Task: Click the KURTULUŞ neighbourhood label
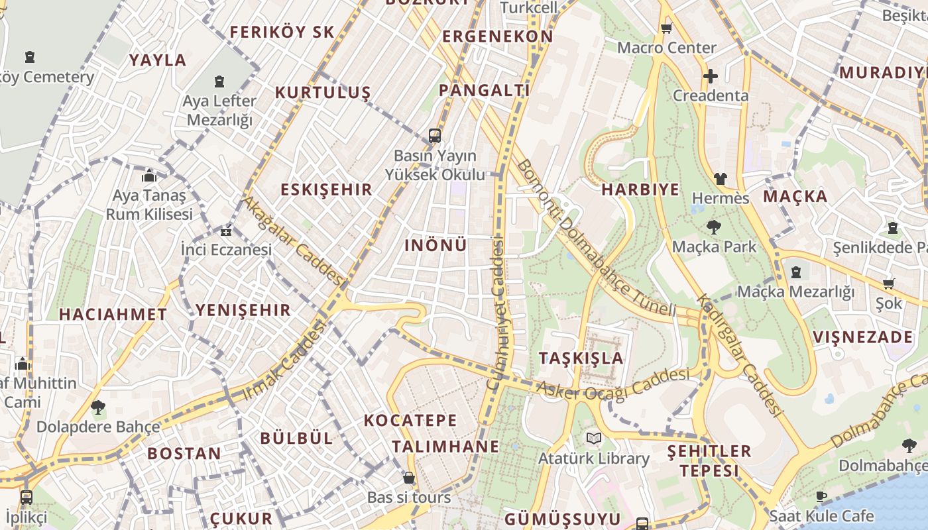tap(323, 92)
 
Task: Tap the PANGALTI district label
tap(485, 90)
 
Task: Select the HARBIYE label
tap(640, 189)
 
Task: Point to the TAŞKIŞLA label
tap(581, 358)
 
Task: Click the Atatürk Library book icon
tap(593, 438)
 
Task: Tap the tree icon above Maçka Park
tap(714, 227)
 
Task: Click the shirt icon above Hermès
tap(721, 179)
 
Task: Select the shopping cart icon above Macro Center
tap(666, 28)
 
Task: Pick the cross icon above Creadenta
tap(710, 76)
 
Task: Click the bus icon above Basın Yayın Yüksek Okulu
tap(435, 136)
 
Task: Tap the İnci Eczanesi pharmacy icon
tap(226, 231)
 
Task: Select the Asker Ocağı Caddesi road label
tap(612, 384)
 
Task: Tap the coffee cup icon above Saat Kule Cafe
tap(821, 496)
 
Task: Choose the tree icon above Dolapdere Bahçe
tap(98, 407)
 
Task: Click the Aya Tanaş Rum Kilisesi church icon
tap(149, 176)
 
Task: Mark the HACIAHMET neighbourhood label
tap(113, 315)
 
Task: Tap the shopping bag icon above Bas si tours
tap(409, 478)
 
